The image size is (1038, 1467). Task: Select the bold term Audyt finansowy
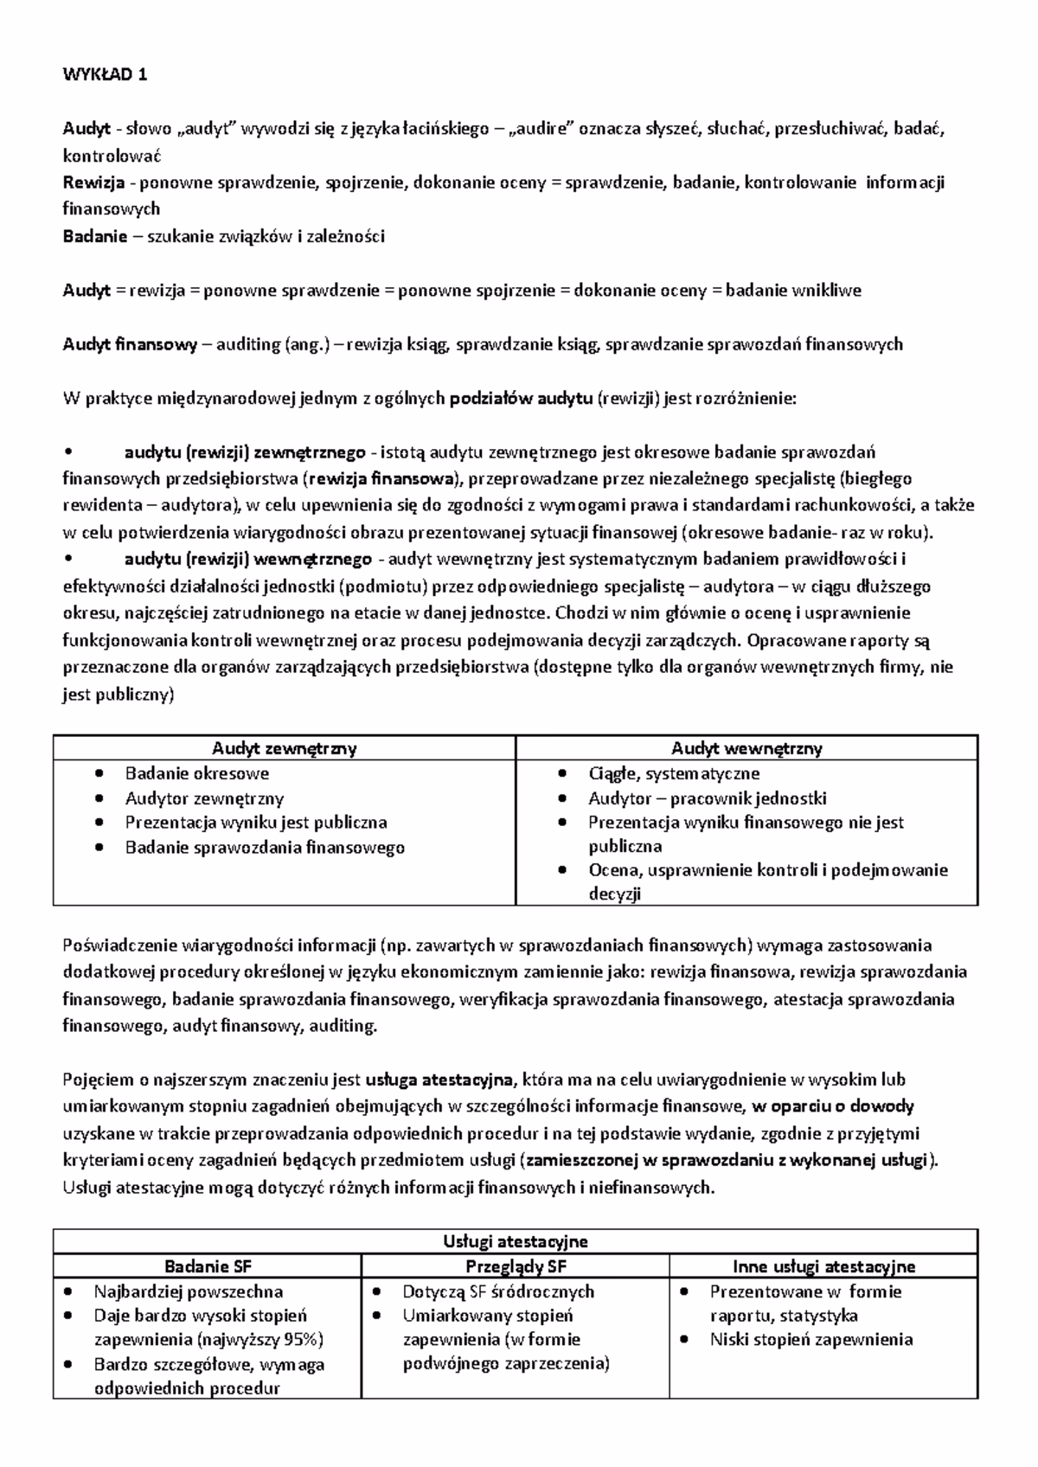[130, 344]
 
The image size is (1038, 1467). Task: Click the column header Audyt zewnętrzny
[285, 748]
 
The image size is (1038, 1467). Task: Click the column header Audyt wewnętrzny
[746, 748]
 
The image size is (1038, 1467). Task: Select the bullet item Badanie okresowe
[197, 773]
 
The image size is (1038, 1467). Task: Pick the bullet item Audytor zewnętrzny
[204, 798]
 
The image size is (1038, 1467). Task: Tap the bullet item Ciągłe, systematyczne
[674, 773]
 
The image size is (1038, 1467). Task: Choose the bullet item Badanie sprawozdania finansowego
[265, 848]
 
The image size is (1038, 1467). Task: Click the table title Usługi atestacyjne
[516, 1241]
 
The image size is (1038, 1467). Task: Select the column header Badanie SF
[208, 1266]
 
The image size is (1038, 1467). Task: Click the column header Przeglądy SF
[516, 1266]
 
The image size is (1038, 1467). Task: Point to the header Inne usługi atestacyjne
[823, 1266]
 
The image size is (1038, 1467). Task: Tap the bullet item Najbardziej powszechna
[189, 1291]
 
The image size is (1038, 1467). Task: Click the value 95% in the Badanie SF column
[304, 1340]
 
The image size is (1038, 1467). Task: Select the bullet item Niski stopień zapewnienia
[811, 1340]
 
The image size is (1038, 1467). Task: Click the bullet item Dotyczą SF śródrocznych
[498, 1291]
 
